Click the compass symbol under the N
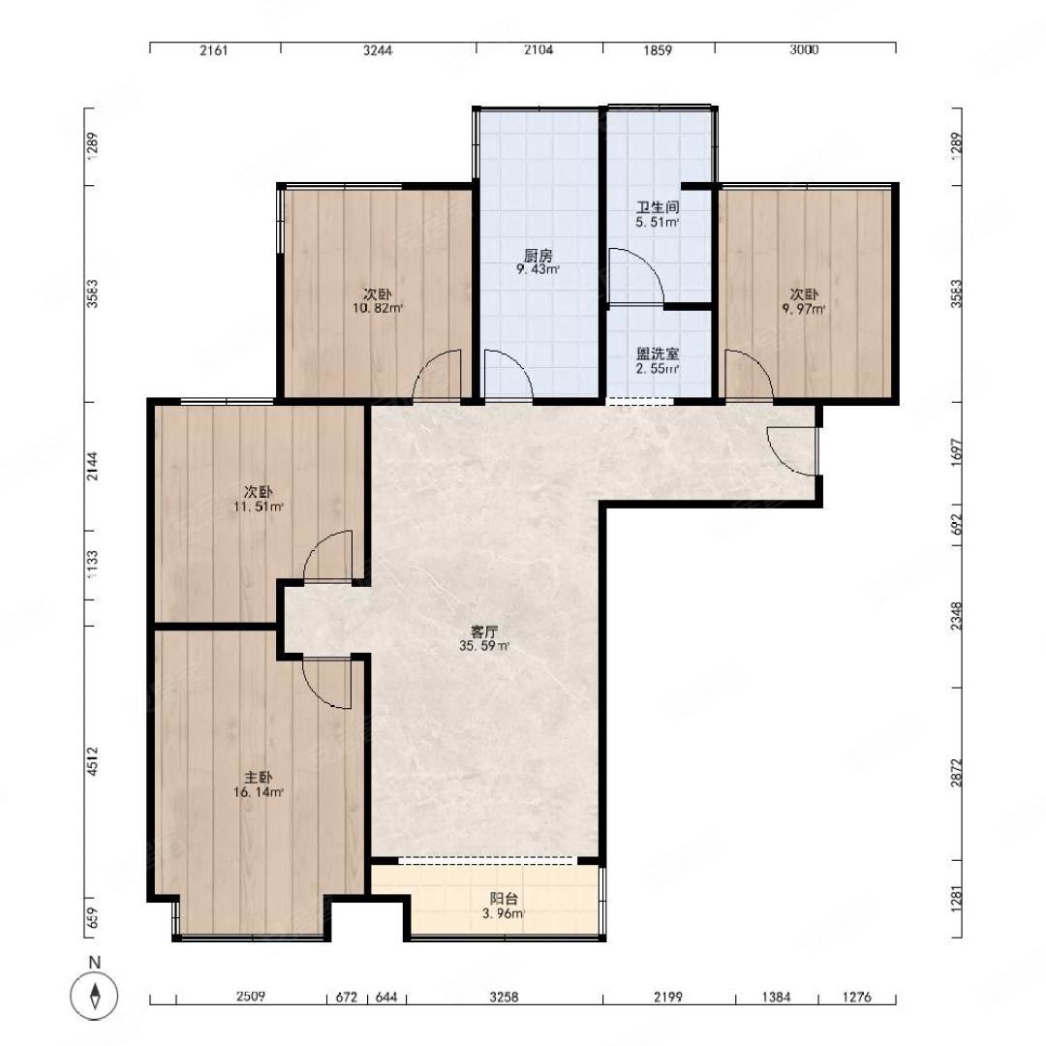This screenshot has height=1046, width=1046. [95, 996]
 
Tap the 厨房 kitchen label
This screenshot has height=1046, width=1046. [538, 256]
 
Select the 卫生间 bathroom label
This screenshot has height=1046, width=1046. [657, 207]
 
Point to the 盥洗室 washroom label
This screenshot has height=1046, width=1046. [658, 354]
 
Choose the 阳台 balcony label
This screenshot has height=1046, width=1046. [504, 899]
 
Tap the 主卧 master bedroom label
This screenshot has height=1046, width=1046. [259, 778]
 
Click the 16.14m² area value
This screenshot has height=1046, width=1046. [259, 792]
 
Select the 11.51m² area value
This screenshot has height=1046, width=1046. [259, 507]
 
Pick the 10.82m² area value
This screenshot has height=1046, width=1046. [378, 308]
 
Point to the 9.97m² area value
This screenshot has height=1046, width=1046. [804, 309]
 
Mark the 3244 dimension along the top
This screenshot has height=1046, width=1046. [378, 50]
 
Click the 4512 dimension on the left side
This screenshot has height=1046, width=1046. [92, 761]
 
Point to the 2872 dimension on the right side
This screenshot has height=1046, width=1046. [957, 773]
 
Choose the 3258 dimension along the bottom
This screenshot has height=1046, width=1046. [504, 998]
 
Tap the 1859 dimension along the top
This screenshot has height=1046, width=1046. [658, 50]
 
